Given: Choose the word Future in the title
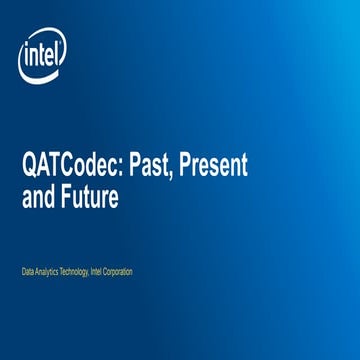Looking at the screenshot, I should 91,197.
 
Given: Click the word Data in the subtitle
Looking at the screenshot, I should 30,271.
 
